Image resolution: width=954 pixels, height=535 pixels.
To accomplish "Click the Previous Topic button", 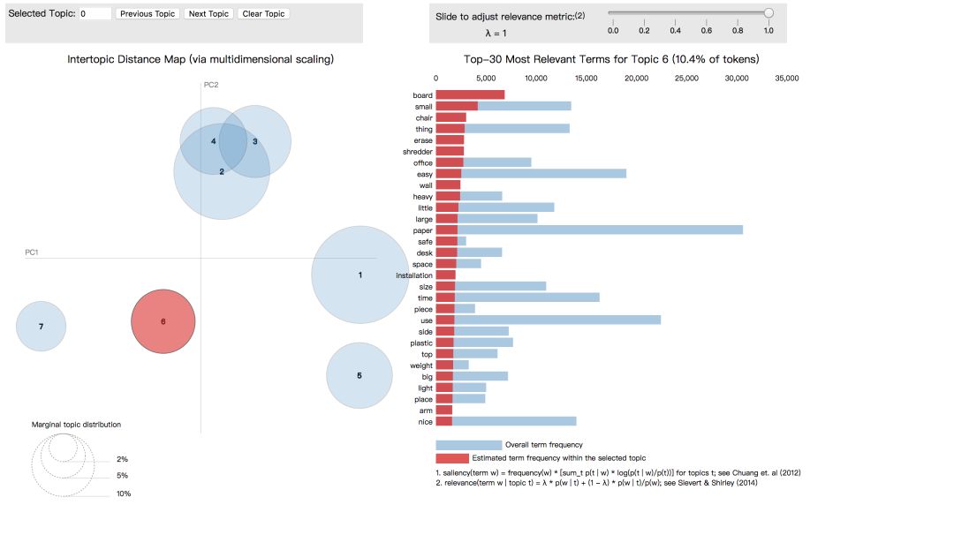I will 148,14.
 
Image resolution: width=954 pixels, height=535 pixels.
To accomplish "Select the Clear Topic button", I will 263,14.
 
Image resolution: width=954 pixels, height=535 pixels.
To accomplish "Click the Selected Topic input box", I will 95,14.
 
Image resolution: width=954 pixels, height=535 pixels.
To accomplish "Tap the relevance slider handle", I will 768,12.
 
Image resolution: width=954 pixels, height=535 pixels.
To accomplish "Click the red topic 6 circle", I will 163,322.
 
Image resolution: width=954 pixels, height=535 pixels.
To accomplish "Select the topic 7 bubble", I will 41,327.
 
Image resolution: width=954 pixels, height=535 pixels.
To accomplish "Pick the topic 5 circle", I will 360,376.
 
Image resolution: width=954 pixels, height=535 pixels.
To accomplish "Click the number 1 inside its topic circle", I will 360,275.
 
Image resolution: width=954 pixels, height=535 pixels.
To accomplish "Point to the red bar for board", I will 470,95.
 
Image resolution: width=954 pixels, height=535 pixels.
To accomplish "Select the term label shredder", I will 417,152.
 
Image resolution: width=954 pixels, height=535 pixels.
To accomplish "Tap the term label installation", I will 414,275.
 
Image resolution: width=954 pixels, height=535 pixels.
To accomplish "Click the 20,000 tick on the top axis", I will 636,79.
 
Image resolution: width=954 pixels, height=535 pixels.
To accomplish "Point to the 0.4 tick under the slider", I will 676,31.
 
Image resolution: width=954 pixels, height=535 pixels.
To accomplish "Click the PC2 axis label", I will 211,85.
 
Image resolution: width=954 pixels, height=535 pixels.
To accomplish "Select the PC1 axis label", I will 32,252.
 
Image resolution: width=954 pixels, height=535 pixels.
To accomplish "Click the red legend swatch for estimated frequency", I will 451,458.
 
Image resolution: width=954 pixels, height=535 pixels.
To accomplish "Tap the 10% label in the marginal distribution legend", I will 124,494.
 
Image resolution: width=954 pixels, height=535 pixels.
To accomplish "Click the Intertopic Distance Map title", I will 201,59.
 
